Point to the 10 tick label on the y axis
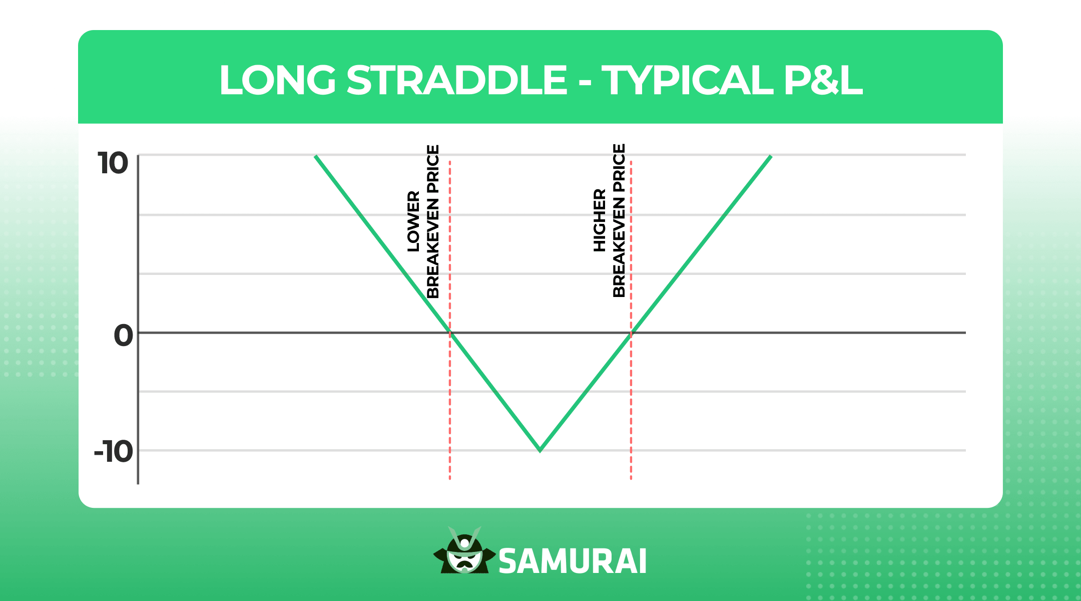pos(113,163)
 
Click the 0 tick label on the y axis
pos(123,335)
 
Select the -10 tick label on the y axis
pos(114,452)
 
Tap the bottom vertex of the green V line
pos(540,450)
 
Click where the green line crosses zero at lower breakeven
pos(450,333)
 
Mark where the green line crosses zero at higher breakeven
pos(631,333)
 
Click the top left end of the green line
pos(316,157)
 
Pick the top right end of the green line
pos(770,157)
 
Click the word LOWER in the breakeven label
pos(413,221)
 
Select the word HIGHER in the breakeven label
pos(600,220)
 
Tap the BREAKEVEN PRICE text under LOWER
pos(432,221)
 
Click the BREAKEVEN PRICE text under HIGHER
pos(619,220)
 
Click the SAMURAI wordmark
pos(573,561)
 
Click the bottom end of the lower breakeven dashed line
pos(450,478)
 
